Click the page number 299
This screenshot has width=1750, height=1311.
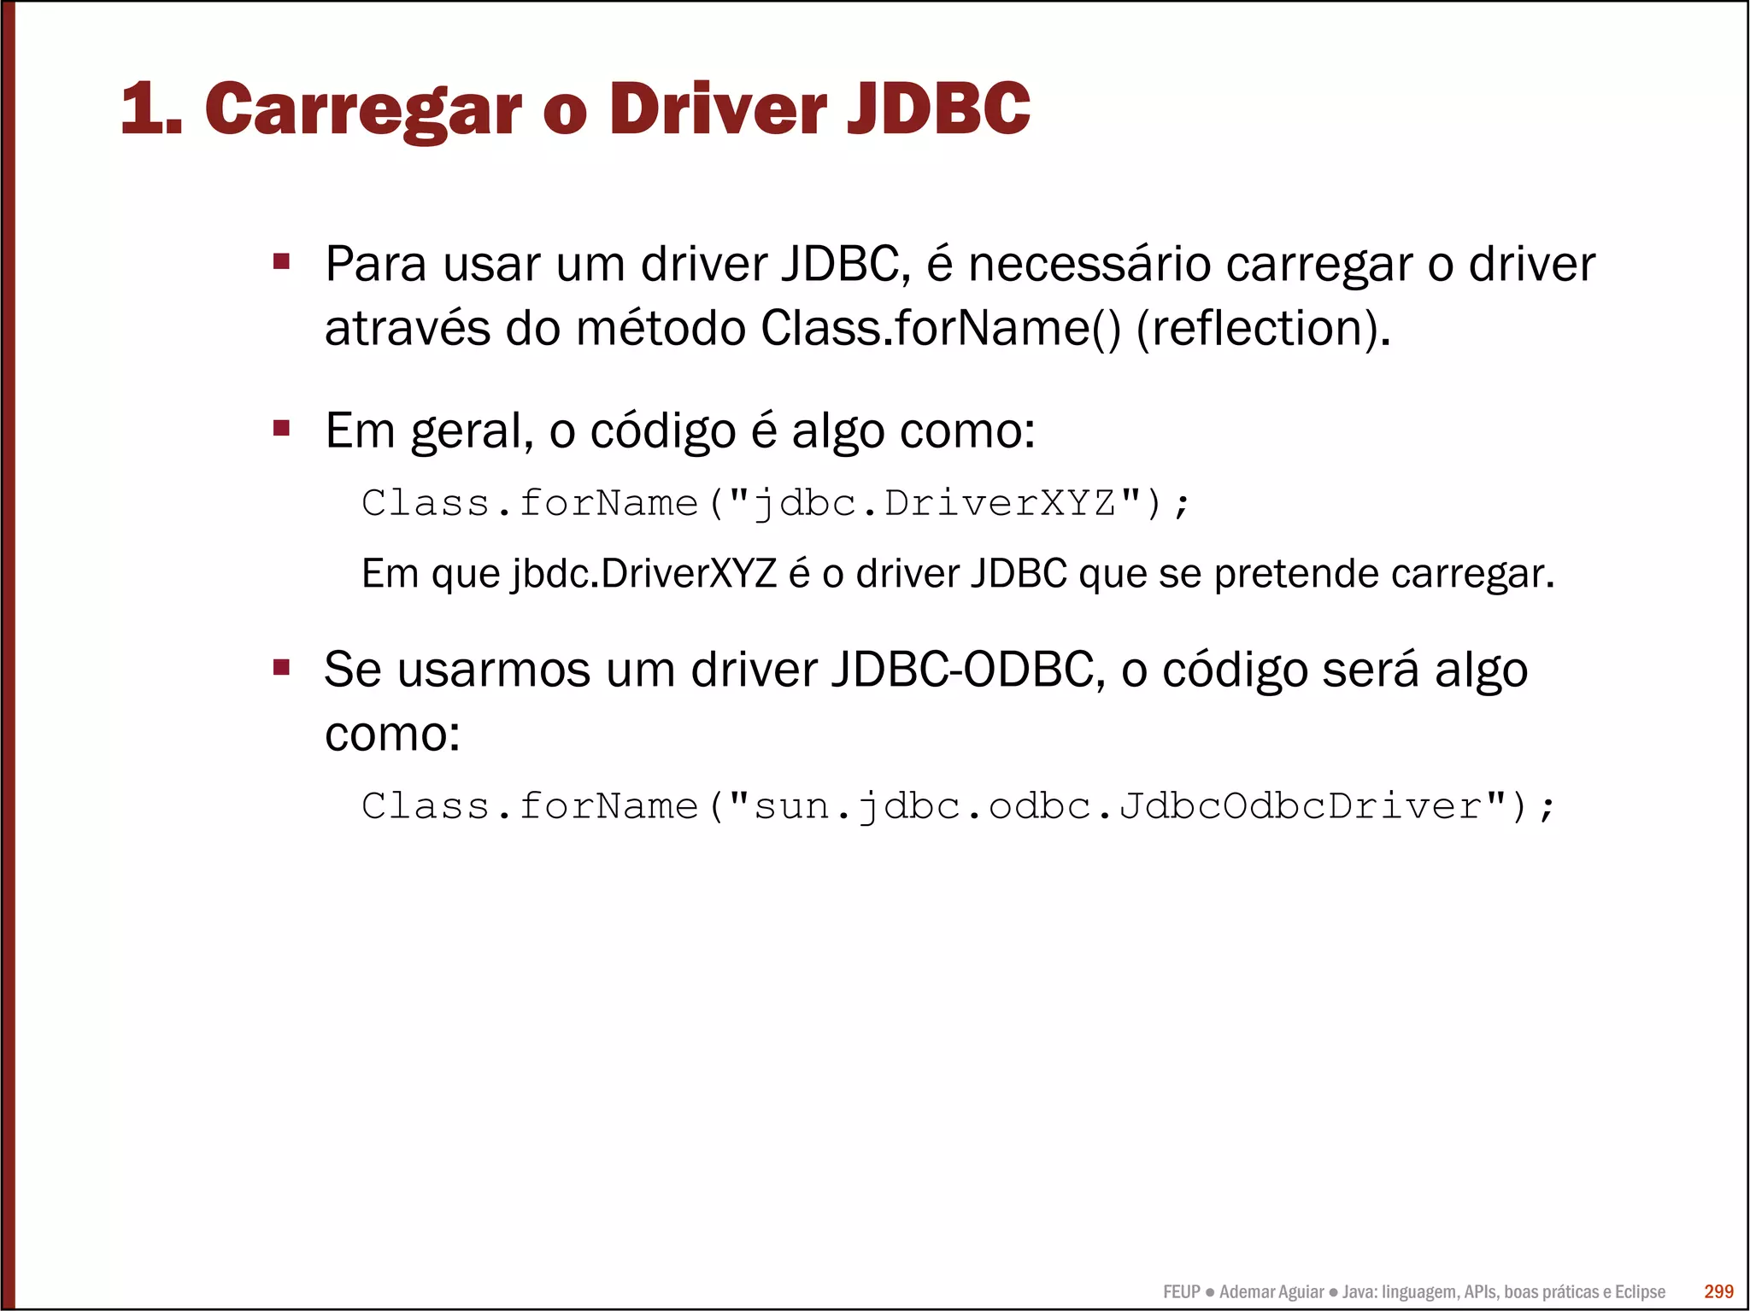(x=1718, y=1291)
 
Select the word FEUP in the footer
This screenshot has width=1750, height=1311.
(x=1182, y=1292)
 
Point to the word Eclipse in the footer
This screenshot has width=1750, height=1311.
(x=1640, y=1292)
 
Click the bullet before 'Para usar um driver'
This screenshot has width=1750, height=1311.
(x=282, y=261)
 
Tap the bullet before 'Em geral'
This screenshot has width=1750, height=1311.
(x=282, y=428)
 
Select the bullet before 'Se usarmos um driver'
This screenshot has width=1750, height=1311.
(x=282, y=667)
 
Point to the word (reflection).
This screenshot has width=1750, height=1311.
(x=1263, y=329)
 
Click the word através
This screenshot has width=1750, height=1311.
(x=408, y=329)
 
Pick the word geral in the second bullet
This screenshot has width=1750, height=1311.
(x=472, y=431)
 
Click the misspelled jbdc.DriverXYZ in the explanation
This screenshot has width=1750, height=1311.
(x=643, y=574)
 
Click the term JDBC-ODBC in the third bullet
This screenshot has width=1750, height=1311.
(x=963, y=670)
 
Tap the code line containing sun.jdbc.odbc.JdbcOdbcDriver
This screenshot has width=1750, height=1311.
(x=957, y=806)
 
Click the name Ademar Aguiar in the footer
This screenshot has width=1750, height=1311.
(x=1271, y=1292)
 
